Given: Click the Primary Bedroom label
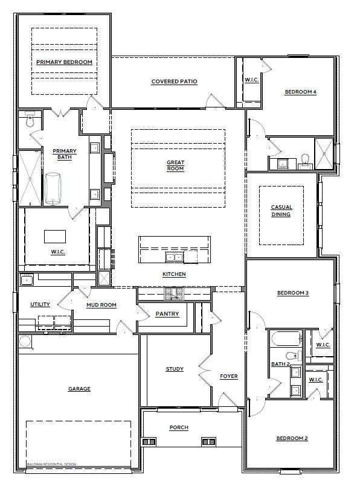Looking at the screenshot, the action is pyautogui.click(x=65, y=62).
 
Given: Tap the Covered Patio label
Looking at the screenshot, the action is pyautogui.click(x=175, y=81).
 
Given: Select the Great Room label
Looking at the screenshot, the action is pyautogui.click(x=175, y=165).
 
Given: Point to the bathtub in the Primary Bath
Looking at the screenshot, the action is pyautogui.click(x=53, y=188).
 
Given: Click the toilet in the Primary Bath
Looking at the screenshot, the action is pyautogui.click(x=30, y=119).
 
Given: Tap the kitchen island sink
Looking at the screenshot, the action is pyautogui.click(x=175, y=257).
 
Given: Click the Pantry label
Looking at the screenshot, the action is pyautogui.click(x=167, y=314).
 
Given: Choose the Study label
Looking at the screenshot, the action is pyautogui.click(x=175, y=369).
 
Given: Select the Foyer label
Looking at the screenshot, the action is pyautogui.click(x=229, y=376).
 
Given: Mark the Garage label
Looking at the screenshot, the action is pyautogui.click(x=79, y=389).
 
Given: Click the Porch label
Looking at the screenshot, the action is pyautogui.click(x=179, y=427).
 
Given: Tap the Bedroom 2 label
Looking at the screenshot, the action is pyautogui.click(x=292, y=438).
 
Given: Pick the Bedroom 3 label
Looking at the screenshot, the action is pyautogui.click(x=293, y=293).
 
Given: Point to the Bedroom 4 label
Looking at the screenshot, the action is pyautogui.click(x=301, y=92).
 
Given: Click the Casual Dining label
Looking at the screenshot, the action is pyautogui.click(x=281, y=211).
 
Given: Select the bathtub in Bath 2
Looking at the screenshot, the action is pyautogui.click(x=287, y=339).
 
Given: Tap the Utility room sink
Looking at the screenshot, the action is pyautogui.click(x=27, y=279).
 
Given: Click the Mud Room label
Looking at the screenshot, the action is pyautogui.click(x=101, y=305).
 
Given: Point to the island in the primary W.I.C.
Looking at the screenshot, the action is pyautogui.click(x=55, y=237).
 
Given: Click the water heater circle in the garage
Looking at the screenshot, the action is pyautogui.click(x=25, y=342).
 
